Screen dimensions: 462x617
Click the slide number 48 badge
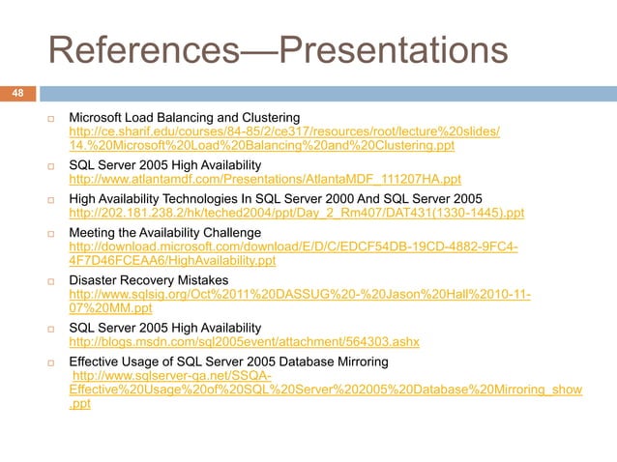point(16,94)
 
